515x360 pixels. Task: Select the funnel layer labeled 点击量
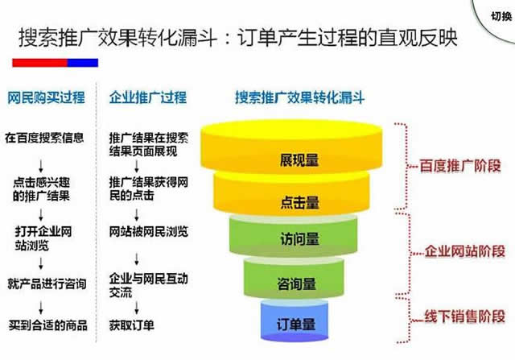(x=291, y=194)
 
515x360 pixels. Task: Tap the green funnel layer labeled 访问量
(x=293, y=236)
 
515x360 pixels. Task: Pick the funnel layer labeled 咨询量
(x=294, y=279)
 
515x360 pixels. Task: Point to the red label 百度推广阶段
(x=460, y=166)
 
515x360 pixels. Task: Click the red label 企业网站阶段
(x=465, y=251)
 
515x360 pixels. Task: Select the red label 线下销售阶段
(x=465, y=317)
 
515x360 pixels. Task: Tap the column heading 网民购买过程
(x=47, y=97)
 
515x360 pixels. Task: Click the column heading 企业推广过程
(x=148, y=97)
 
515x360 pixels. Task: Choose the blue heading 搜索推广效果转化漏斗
(x=299, y=97)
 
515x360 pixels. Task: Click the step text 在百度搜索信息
(x=45, y=138)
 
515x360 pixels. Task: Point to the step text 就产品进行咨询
(x=47, y=283)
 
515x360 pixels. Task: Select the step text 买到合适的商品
(x=48, y=325)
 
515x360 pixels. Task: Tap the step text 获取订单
(x=132, y=325)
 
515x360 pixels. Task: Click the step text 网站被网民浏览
(x=149, y=231)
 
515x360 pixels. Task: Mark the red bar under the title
(x=39, y=63)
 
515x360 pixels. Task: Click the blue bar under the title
(x=83, y=63)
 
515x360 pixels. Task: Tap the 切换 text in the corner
(x=501, y=16)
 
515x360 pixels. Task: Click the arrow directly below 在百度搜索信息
(x=41, y=167)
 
